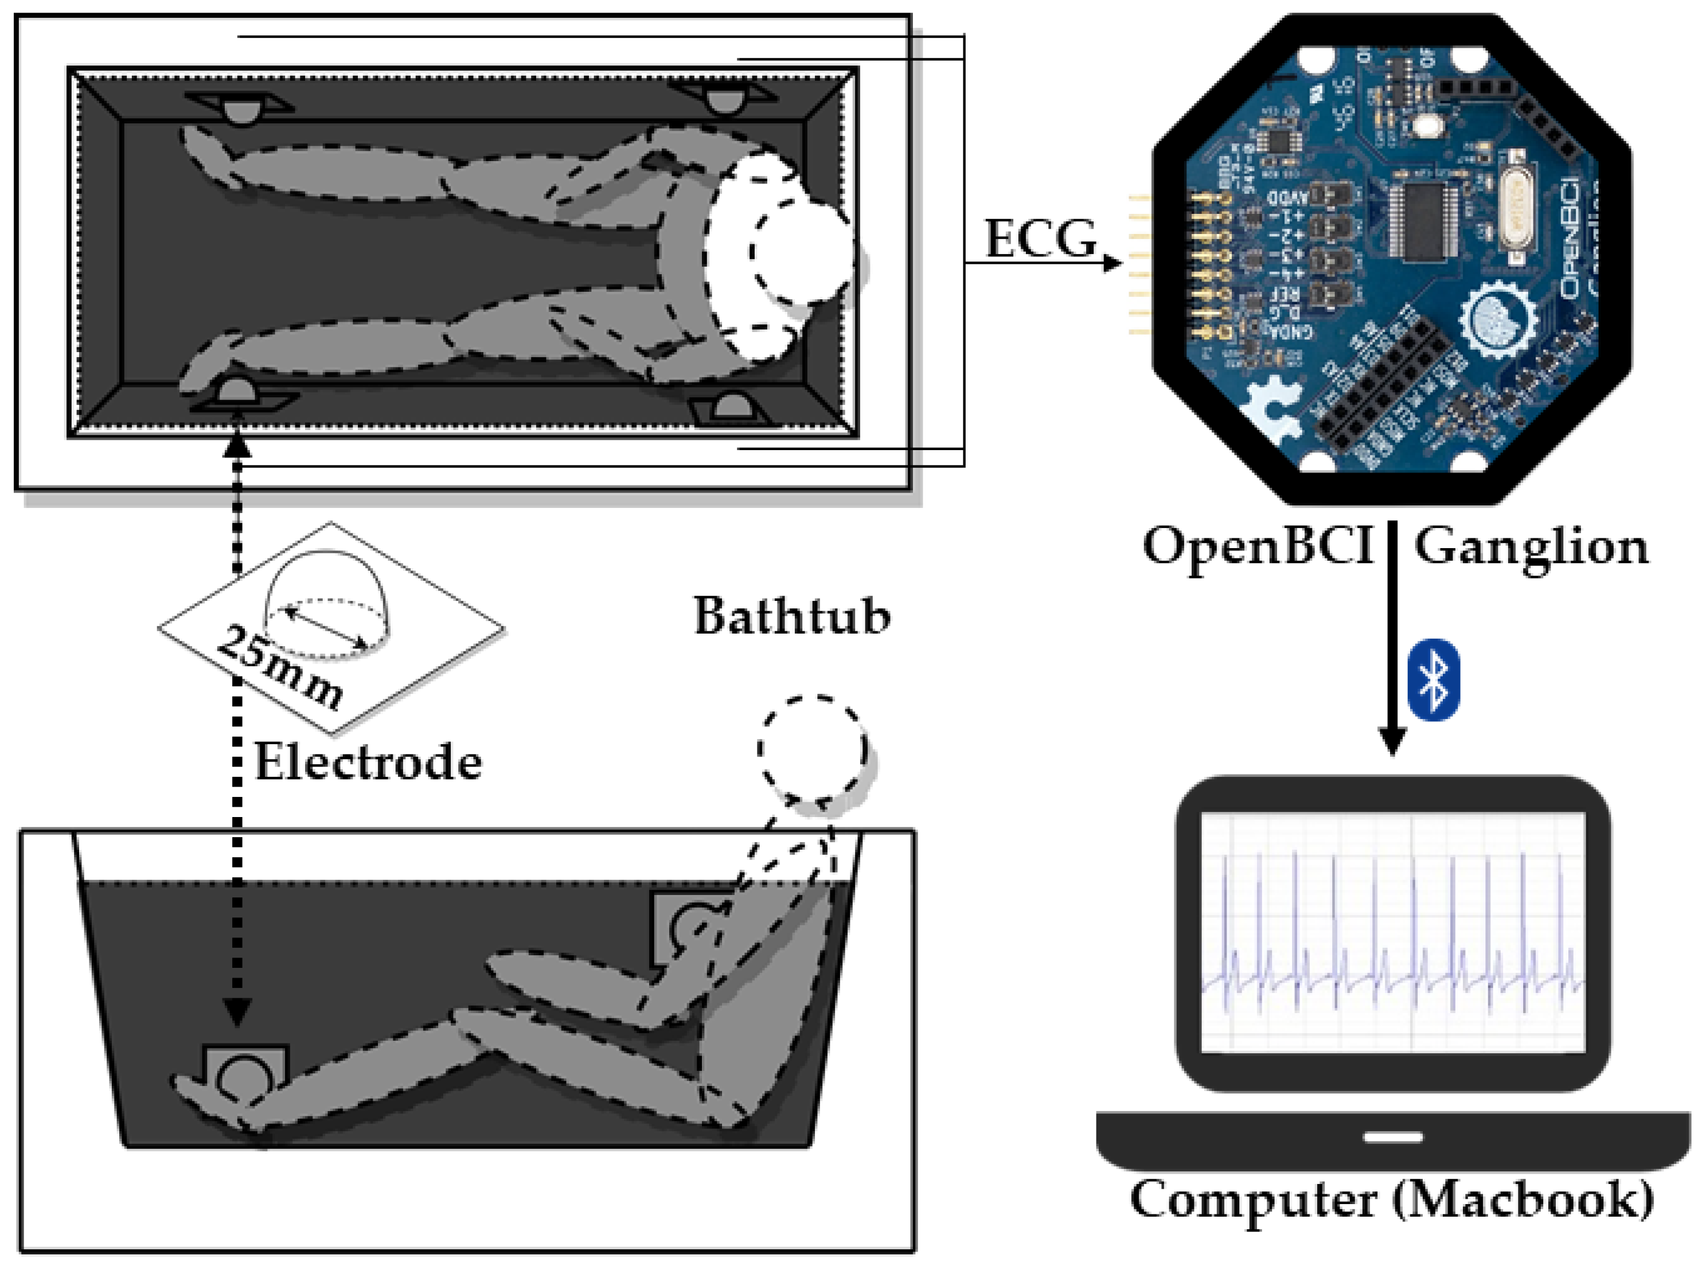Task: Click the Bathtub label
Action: pos(792,616)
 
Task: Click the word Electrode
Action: pos(368,763)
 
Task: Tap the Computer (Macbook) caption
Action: pos(1391,1200)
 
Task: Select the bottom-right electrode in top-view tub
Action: pos(729,408)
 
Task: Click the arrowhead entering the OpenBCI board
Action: pos(1110,263)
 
